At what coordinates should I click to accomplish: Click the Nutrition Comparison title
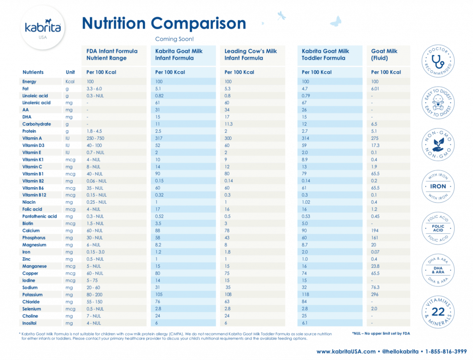pyautogui.click(x=164, y=23)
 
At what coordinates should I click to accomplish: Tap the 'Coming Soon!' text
pyautogui.click(x=174, y=39)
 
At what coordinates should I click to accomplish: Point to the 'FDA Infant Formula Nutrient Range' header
pyautogui.click(x=112, y=55)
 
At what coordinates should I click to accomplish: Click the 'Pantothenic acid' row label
pyautogui.click(x=39, y=216)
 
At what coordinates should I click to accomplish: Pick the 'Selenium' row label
pyautogui.click(x=32, y=309)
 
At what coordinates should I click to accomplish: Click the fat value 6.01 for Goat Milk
pyautogui.click(x=376, y=89)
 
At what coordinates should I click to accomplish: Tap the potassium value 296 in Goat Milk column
pyautogui.click(x=375, y=295)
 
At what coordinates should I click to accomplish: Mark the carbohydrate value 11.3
pyautogui.click(x=229, y=124)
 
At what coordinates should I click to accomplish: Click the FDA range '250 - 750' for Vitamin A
pyautogui.click(x=95, y=138)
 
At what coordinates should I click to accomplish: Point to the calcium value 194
pyautogui.click(x=375, y=231)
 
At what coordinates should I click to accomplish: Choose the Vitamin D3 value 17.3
pyautogui.click(x=375, y=145)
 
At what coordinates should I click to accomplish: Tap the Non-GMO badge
pyautogui.click(x=438, y=145)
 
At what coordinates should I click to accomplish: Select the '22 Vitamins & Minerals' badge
pyautogui.click(x=438, y=311)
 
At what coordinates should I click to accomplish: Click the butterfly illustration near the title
pyautogui.click(x=335, y=21)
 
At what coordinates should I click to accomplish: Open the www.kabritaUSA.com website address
pyautogui.click(x=346, y=351)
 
